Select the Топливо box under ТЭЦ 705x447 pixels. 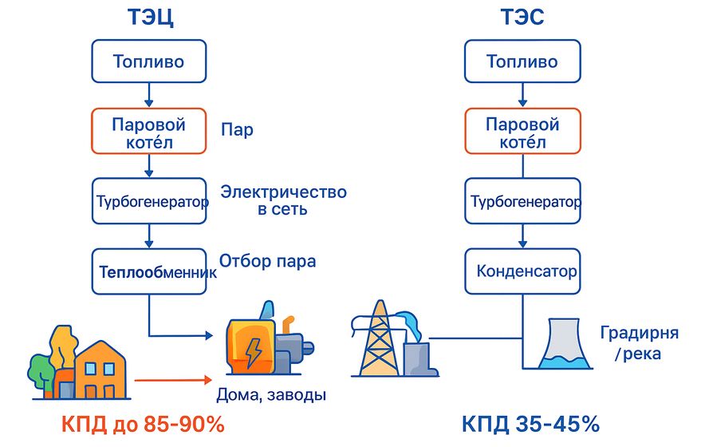point(149,61)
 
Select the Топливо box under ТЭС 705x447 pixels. point(522,61)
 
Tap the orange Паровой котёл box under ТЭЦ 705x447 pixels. point(149,133)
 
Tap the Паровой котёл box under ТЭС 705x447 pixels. point(522,133)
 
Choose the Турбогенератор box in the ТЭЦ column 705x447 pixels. point(149,201)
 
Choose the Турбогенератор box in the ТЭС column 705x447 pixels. point(522,201)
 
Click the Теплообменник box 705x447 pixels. point(149,271)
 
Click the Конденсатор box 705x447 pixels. point(522,271)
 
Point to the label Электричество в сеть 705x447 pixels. point(283,201)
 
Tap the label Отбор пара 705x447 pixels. point(267,261)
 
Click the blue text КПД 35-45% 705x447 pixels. point(530,423)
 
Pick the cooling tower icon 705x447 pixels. point(565,344)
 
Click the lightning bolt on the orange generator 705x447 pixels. point(253,350)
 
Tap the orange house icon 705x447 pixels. point(100,370)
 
